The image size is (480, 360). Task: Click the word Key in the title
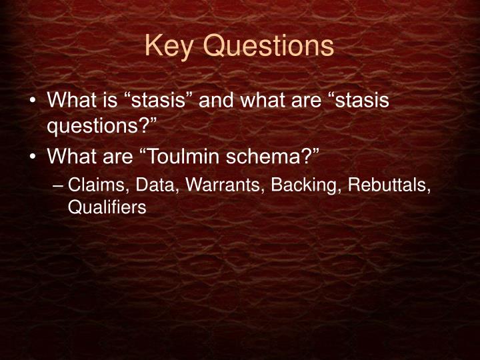(x=166, y=46)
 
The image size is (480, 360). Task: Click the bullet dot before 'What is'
(x=33, y=102)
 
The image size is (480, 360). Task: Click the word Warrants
(x=215, y=184)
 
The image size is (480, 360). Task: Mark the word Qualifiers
(x=106, y=207)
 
